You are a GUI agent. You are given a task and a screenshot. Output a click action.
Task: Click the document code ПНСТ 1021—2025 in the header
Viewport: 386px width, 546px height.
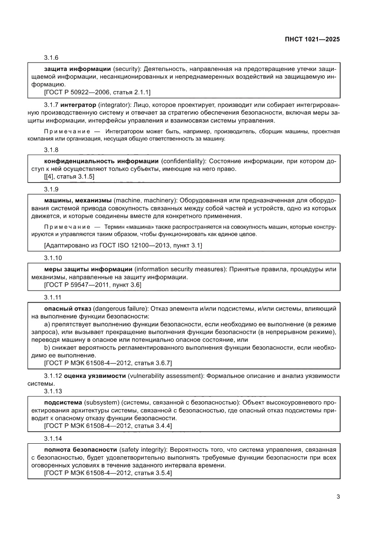pyautogui.click(x=311, y=40)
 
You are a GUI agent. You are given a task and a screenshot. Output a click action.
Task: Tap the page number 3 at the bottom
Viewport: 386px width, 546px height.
pyautogui.click(x=338, y=496)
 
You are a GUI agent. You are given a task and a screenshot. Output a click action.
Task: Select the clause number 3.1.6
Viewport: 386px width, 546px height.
pyautogui.click(x=51, y=57)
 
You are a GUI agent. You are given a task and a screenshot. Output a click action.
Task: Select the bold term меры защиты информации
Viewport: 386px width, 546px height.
pyautogui.click(x=88, y=269)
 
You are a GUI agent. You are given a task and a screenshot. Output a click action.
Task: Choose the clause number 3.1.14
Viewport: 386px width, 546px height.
pyautogui.click(x=52, y=439)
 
